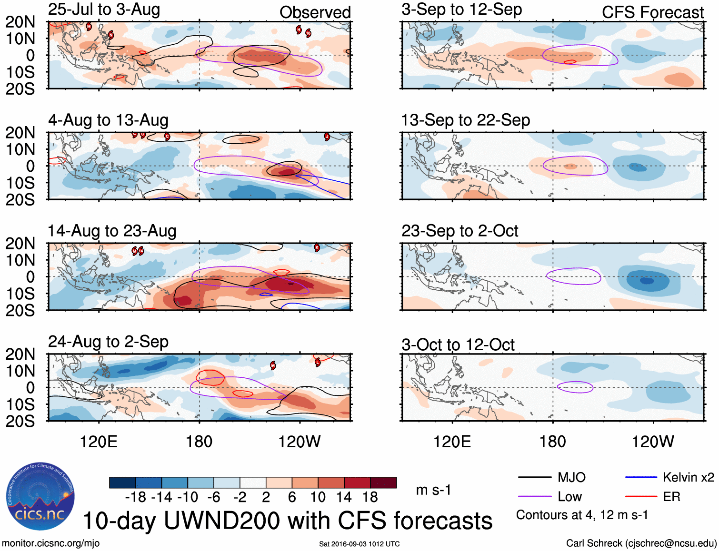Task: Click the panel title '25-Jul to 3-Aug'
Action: (104, 10)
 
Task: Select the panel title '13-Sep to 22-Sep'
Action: (465, 120)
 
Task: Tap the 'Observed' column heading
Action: (315, 12)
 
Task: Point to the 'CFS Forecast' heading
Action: (652, 12)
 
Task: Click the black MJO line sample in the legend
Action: (534, 477)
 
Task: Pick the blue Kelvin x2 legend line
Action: (641, 477)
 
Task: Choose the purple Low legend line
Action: (534, 497)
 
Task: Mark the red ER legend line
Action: (641, 497)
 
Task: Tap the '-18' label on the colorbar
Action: (136, 497)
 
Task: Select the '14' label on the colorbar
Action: (344, 497)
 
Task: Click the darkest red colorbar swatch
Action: (383, 482)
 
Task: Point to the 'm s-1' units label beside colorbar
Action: (433, 490)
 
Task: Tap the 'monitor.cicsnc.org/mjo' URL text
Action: (51, 543)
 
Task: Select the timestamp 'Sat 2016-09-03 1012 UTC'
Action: (359, 544)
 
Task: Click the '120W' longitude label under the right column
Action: (652, 442)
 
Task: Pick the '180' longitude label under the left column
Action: (199, 442)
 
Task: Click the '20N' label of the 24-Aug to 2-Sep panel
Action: (20, 354)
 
